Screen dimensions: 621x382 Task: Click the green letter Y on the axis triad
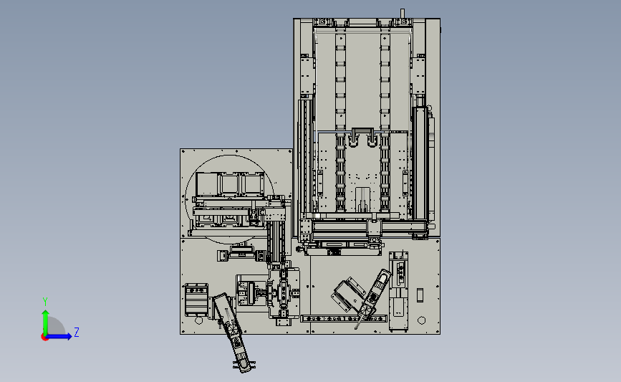[x=45, y=302]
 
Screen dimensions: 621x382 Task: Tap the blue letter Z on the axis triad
[x=77, y=332]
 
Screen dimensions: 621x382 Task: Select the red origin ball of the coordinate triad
[x=44, y=338]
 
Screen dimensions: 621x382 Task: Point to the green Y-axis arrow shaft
[x=46, y=323]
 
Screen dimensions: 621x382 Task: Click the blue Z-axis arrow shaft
[x=58, y=336]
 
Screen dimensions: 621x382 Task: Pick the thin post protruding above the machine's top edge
[x=403, y=14]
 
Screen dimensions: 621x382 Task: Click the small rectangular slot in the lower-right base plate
[x=420, y=295]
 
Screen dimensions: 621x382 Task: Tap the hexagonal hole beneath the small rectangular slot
[x=421, y=320]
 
